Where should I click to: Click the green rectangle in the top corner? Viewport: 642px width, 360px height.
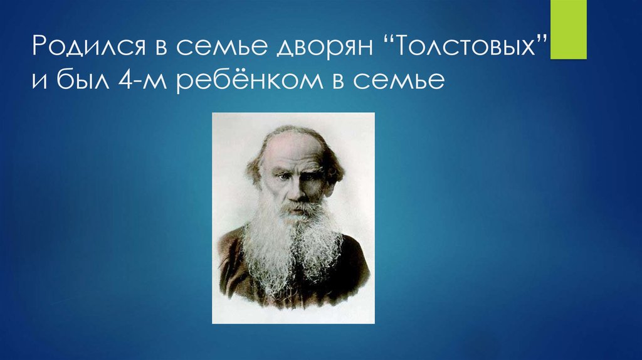coord(568,29)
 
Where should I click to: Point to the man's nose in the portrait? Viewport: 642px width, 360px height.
coord(293,191)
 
